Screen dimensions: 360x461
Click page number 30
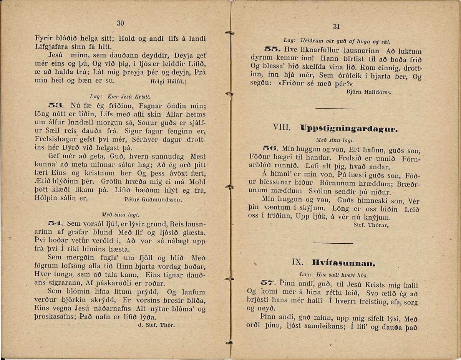120,23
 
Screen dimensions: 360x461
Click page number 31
337,26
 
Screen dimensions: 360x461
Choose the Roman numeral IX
298,263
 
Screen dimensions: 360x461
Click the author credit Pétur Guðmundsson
153,200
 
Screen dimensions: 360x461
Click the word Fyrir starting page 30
43,39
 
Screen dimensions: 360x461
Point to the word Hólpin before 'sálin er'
46,199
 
